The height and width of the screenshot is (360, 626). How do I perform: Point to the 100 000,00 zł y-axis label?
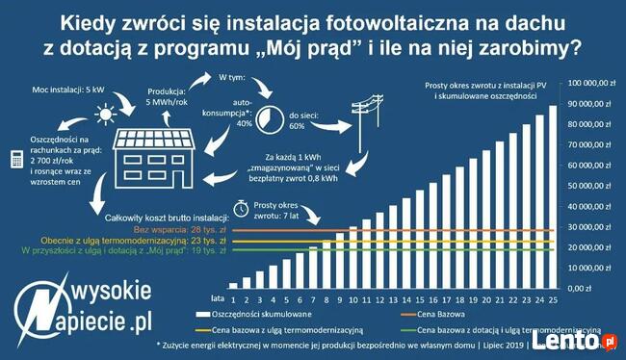point(591,84)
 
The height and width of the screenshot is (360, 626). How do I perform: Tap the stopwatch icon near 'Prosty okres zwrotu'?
point(243,207)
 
